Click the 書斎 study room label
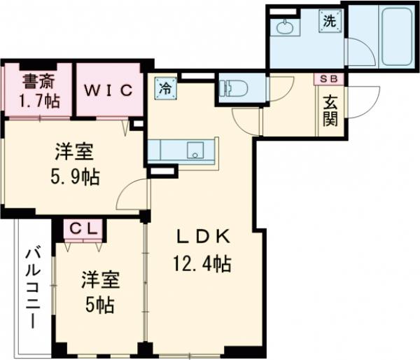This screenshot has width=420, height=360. [37, 80]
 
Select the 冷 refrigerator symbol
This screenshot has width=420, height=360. [164, 88]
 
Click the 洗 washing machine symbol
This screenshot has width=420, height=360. [330, 21]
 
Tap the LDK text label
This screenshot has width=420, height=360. [203, 237]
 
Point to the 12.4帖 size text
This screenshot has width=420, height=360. [202, 264]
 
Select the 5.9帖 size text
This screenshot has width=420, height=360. [76, 176]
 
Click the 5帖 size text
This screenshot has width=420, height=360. [98, 305]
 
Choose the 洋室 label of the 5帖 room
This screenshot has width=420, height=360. [98, 280]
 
